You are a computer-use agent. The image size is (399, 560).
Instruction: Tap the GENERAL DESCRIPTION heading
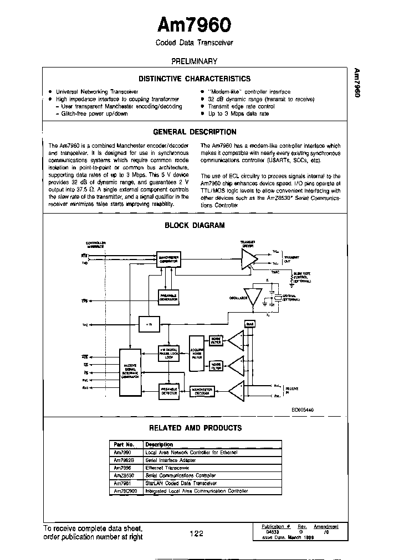click(x=194, y=132)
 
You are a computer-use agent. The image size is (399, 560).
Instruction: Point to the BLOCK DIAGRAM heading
click(x=195, y=225)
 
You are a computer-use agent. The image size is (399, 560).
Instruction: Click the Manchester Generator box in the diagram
click(x=168, y=259)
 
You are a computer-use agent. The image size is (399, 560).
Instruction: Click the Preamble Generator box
click(x=168, y=298)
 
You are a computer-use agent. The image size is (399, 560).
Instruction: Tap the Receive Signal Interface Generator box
click(x=130, y=372)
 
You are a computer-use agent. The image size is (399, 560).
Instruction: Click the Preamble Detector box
click(x=168, y=391)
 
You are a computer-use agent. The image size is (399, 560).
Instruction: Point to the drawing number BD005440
click(x=303, y=410)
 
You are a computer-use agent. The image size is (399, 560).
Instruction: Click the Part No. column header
click(x=124, y=444)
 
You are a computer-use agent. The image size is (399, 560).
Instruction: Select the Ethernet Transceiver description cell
click(x=167, y=468)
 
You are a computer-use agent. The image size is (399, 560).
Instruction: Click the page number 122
click(x=196, y=533)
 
